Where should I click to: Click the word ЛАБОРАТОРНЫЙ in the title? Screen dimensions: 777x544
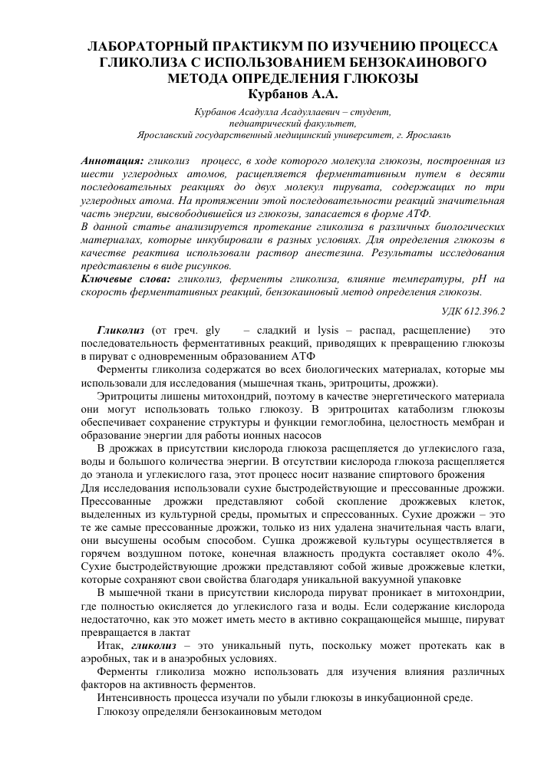click(152, 46)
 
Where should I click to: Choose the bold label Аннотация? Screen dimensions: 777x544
click(112, 163)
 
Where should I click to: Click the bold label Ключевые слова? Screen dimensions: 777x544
click(127, 279)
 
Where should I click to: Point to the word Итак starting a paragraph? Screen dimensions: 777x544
click(110, 646)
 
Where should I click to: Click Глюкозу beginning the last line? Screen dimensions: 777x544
click(120, 712)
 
